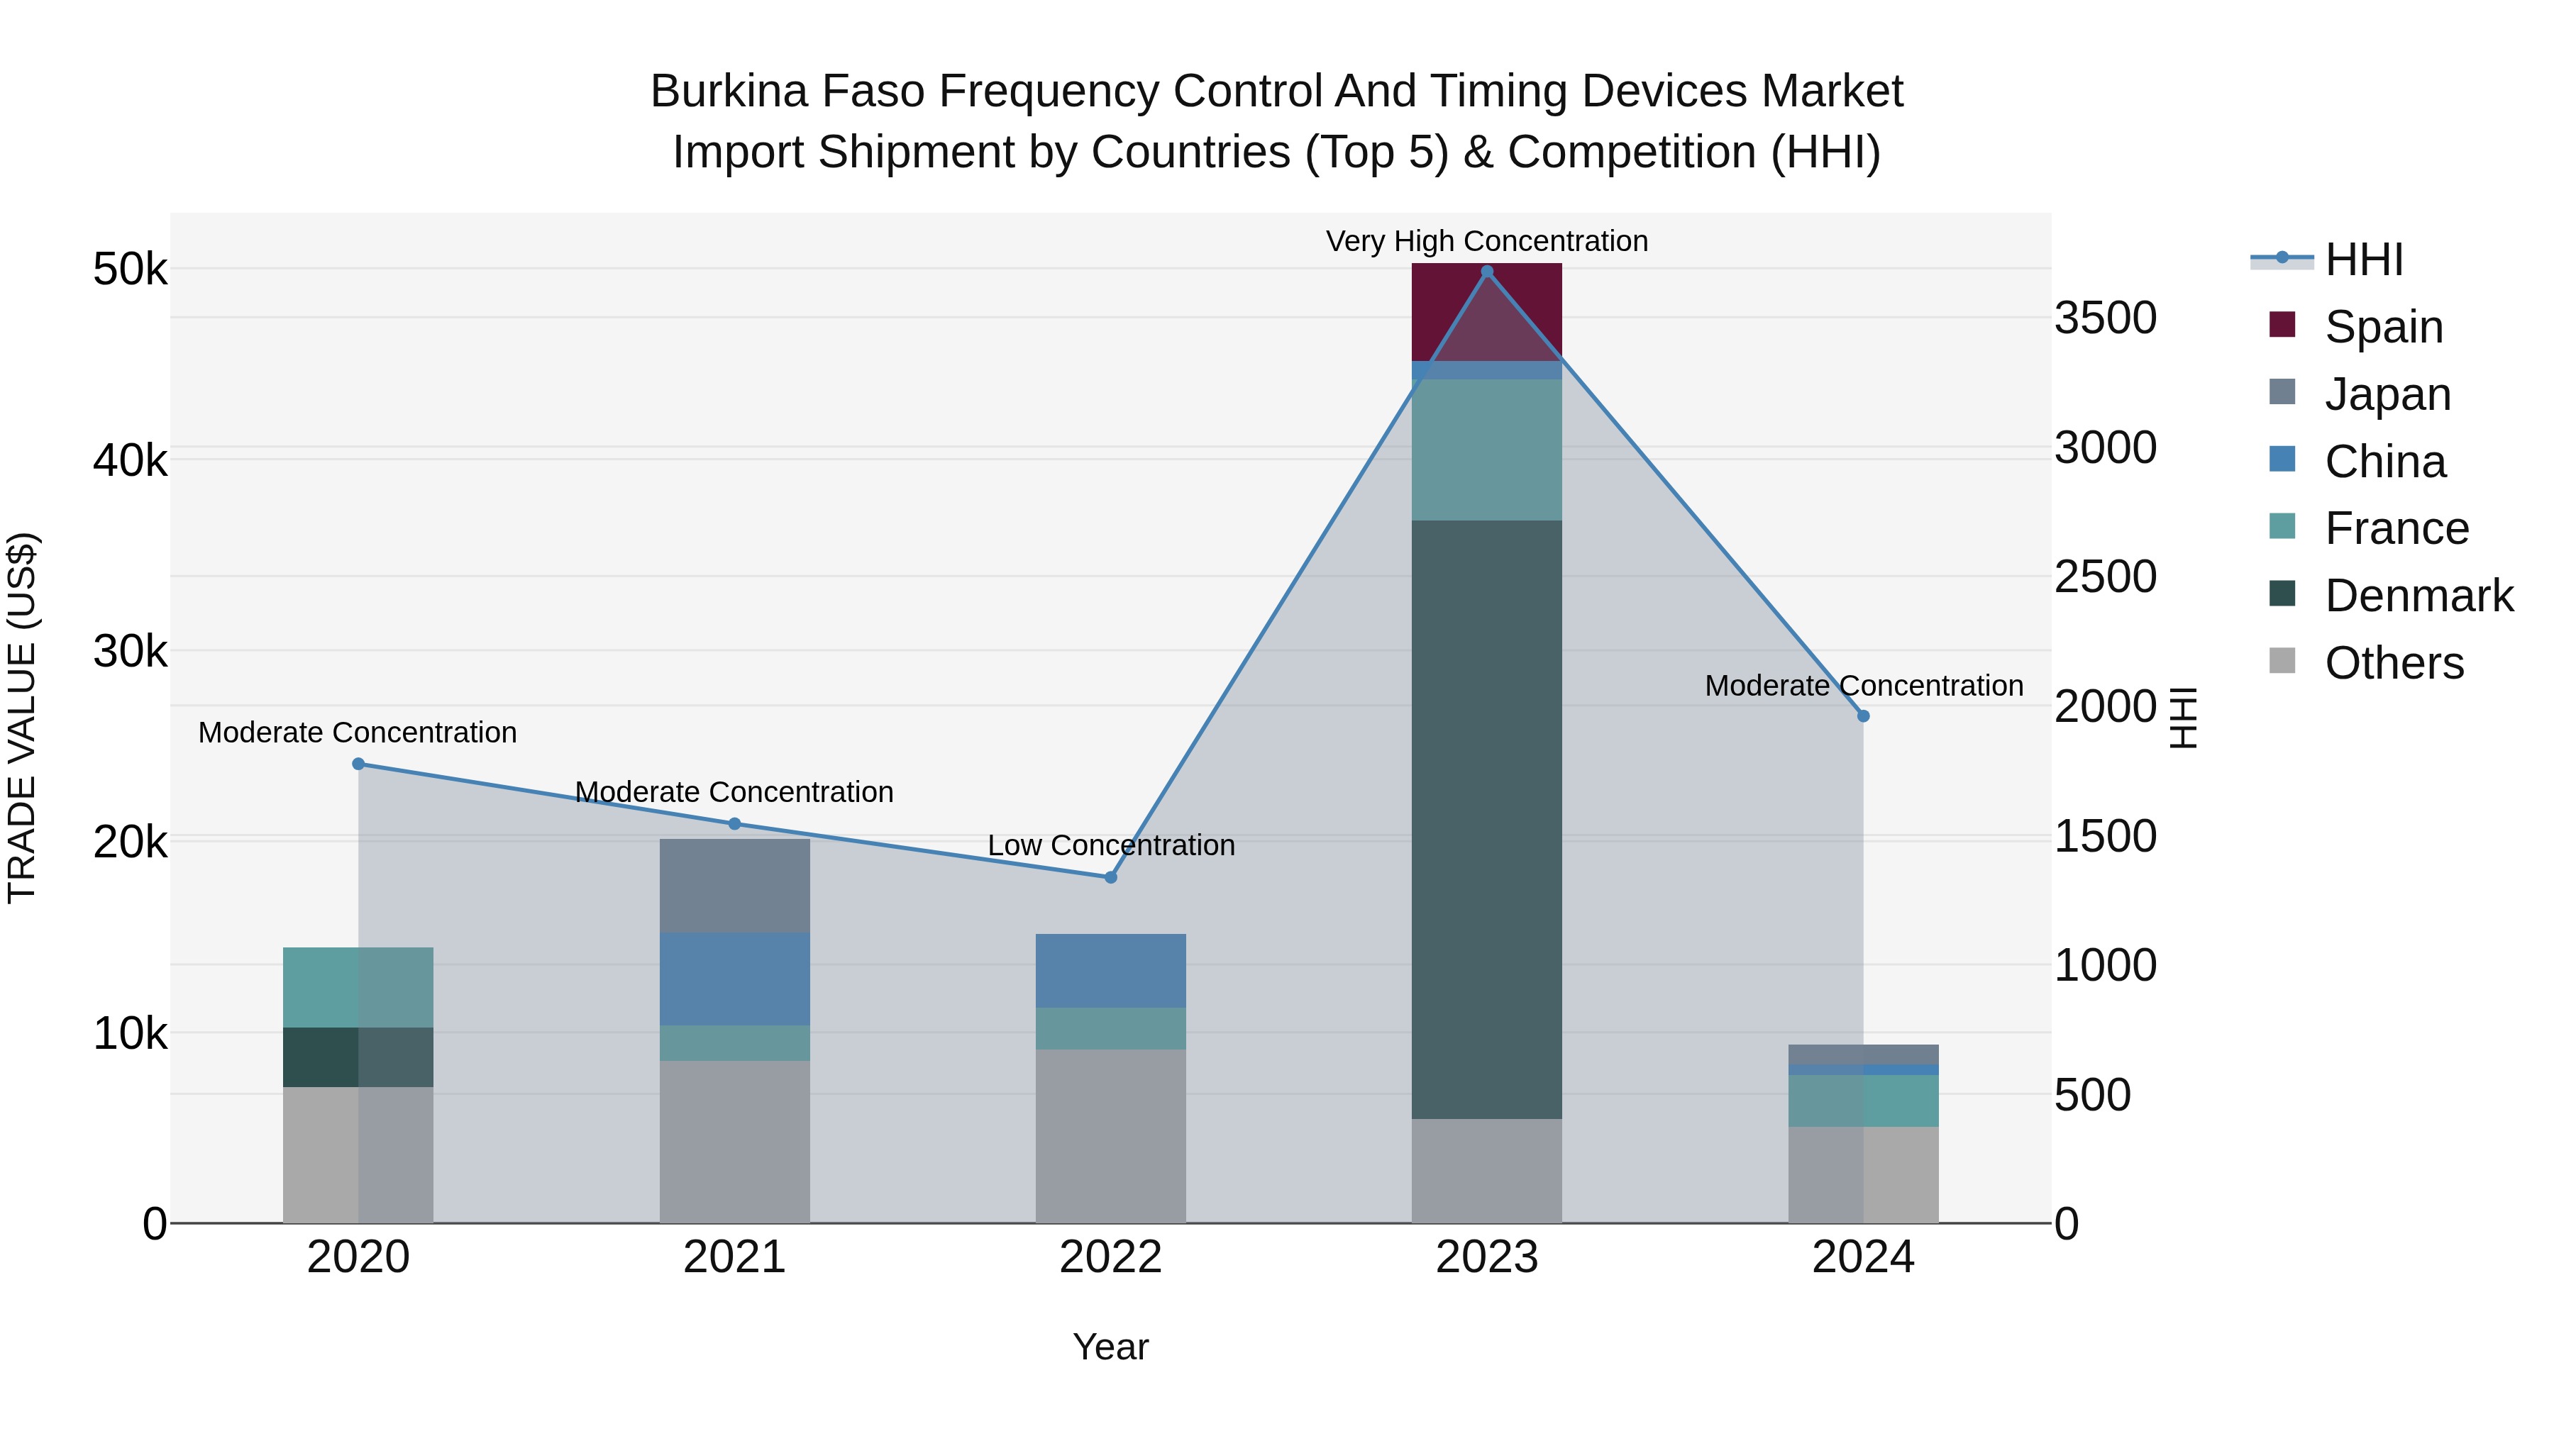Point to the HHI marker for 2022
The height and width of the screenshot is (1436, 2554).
click(x=1110, y=877)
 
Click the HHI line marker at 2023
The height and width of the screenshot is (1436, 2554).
click(x=1486, y=272)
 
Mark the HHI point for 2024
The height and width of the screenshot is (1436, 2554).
click(x=1863, y=716)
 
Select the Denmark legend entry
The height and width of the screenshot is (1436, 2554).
click(x=2418, y=596)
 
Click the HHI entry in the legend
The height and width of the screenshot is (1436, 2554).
click(x=2364, y=260)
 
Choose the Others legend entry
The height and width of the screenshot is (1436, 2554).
click(x=2394, y=663)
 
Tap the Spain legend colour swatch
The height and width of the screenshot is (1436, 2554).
click(x=2282, y=325)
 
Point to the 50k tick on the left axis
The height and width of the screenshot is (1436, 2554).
click(x=130, y=269)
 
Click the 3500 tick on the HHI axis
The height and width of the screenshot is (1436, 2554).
click(x=2105, y=318)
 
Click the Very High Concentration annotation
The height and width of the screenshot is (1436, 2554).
click(x=1486, y=241)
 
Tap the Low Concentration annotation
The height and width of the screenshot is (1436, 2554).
click(x=1110, y=845)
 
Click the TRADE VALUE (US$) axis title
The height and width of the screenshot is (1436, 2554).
click(x=22, y=718)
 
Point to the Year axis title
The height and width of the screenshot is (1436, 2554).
click(x=1110, y=1347)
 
